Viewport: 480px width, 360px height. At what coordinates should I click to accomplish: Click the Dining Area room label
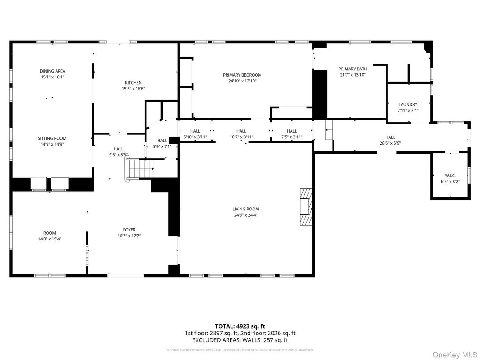point(52,71)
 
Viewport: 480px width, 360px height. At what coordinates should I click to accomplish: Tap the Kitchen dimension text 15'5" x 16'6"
point(133,89)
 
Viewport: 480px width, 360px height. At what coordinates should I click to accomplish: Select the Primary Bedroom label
point(242,75)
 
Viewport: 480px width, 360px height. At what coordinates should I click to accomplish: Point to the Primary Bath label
point(352,69)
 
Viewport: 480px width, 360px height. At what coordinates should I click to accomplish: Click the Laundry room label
point(407,105)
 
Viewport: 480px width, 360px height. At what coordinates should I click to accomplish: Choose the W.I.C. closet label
point(450,176)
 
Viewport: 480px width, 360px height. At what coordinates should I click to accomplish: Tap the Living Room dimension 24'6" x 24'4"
point(245,215)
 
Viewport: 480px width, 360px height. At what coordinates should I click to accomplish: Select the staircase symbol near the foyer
point(141,170)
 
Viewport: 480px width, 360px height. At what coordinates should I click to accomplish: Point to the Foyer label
point(129,230)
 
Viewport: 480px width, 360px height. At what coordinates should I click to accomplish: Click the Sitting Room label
point(52,139)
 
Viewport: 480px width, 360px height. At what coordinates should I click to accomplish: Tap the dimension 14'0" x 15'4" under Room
point(50,239)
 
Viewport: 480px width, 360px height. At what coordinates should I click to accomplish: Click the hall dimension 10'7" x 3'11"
point(241,137)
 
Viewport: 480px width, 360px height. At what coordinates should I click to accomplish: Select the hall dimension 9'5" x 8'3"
point(118,155)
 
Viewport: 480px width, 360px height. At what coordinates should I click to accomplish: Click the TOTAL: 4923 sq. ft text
point(240,326)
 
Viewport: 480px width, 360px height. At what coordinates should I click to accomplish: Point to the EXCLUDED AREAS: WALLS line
point(240,340)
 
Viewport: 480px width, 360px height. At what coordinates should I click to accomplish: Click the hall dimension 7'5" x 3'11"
point(292,137)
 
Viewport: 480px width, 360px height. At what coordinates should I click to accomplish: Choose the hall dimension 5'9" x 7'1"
point(162,146)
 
